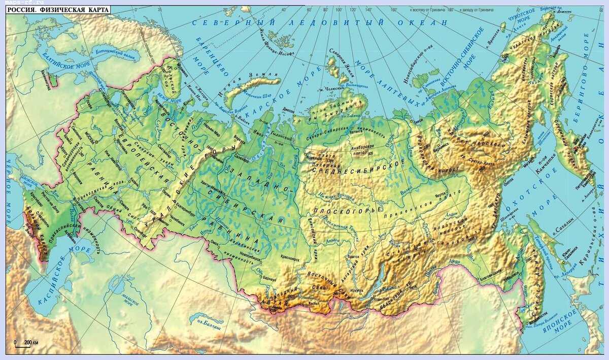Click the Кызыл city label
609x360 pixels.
[x=314, y=303]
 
